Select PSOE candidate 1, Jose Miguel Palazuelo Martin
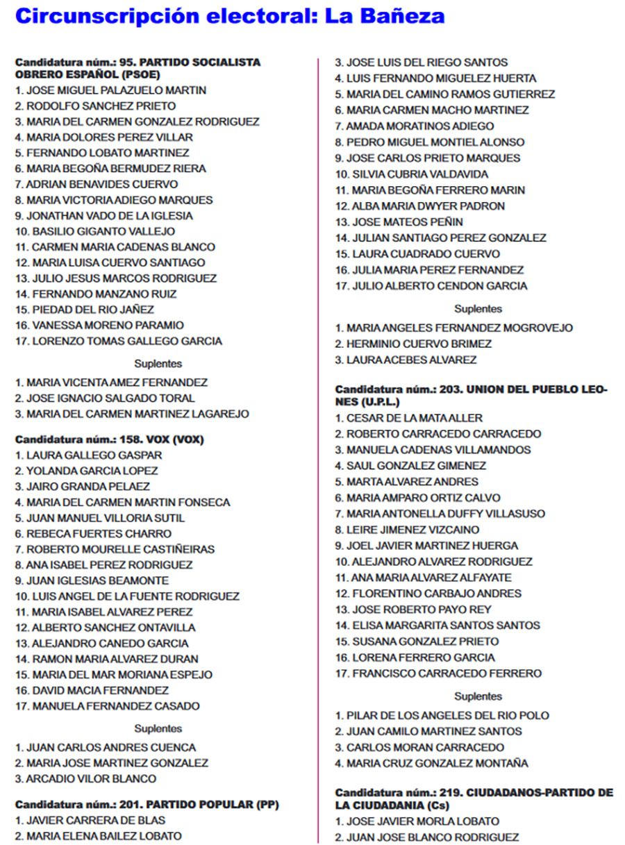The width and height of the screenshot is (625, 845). (x=110, y=90)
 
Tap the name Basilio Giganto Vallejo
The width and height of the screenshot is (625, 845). (x=95, y=231)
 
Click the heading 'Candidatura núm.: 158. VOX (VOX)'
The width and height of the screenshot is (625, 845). (x=110, y=440)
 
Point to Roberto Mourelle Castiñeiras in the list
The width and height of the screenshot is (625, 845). (x=115, y=549)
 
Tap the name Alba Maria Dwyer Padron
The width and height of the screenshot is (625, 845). (x=419, y=206)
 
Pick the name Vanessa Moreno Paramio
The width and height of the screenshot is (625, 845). (x=99, y=325)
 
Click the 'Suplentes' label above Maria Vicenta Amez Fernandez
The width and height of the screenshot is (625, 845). (x=158, y=363)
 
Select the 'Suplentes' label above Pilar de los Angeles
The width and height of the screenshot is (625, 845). (x=478, y=696)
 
